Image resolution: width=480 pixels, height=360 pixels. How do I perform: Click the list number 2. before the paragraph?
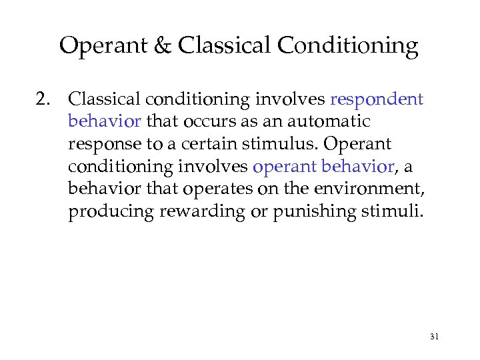(46, 100)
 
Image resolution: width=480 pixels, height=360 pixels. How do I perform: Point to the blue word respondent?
(377, 101)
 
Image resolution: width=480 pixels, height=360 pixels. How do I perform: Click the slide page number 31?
(434, 337)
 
